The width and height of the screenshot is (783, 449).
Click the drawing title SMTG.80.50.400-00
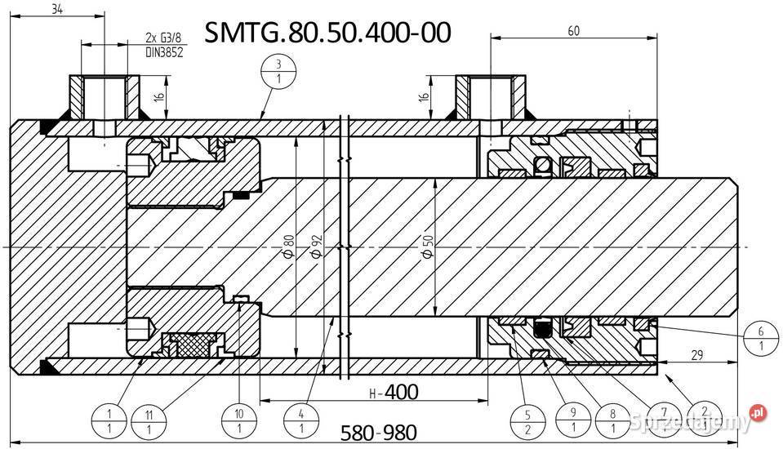point(327,33)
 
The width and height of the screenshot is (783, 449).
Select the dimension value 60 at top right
point(575,30)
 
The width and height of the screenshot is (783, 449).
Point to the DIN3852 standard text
point(163,51)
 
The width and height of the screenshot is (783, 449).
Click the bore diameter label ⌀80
point(288,246)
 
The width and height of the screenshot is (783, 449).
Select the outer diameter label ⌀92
point(316,246)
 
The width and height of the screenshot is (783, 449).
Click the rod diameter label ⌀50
point(427,246)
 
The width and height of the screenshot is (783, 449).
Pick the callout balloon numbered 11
point(148,419)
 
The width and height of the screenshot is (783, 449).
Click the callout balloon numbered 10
point(239,419)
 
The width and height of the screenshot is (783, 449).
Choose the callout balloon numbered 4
point(301,419)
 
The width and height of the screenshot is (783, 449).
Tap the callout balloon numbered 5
point(527,419)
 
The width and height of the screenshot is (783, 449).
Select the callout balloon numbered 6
point(761,338)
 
